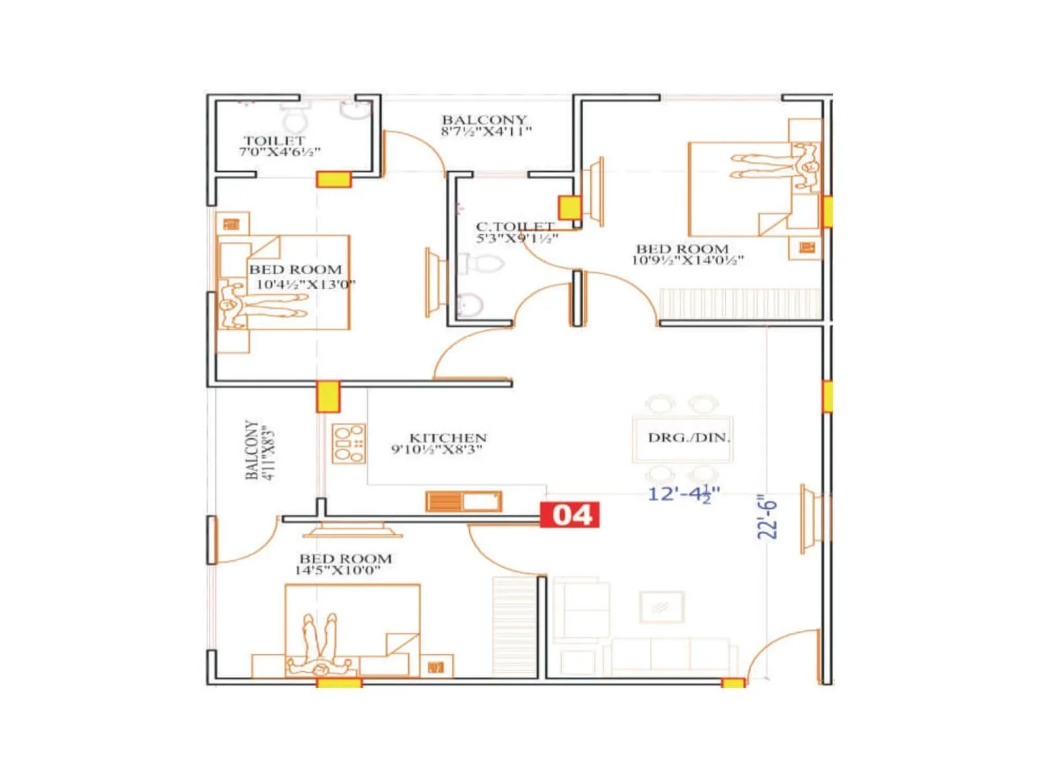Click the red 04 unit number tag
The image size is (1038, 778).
570,515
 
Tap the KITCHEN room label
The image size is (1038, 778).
447,438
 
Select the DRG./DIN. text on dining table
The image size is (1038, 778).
688,438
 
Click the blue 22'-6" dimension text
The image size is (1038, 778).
767,518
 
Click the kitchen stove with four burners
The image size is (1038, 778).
349,443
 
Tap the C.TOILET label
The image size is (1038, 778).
515,226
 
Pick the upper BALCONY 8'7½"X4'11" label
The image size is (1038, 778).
485,125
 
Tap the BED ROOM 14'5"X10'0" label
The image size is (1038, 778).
344,564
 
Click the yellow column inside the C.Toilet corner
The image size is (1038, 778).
569,207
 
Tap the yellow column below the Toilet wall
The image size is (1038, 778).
333,180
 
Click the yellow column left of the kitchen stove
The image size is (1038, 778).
328,397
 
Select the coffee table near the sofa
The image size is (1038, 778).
661,607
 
